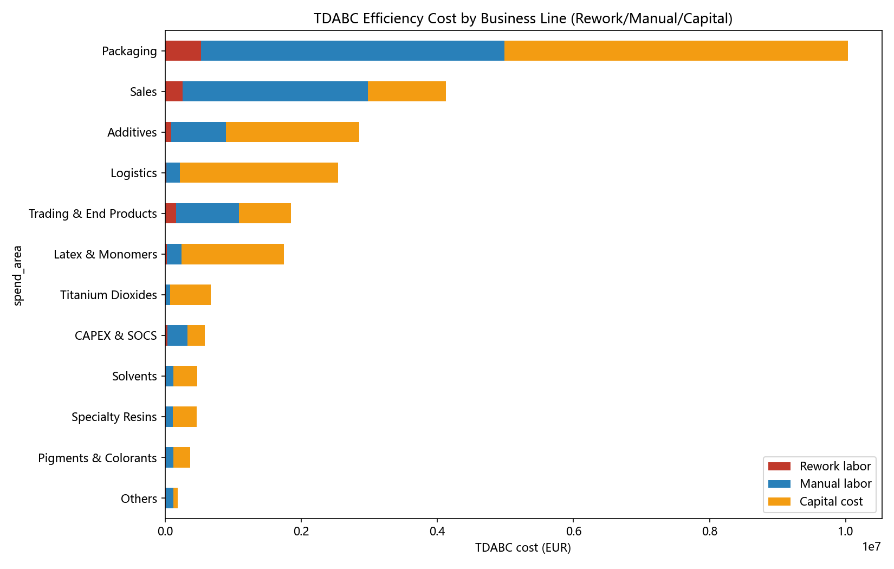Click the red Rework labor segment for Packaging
183,51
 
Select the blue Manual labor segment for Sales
275,92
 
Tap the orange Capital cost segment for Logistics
259,173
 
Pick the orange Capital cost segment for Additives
293,132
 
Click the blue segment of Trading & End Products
208,213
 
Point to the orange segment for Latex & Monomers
232,254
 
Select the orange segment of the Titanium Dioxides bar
190,295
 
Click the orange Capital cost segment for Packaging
676,51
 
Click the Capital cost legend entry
815,501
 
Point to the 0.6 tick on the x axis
573,521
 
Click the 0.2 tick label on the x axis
301,532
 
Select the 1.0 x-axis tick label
845,532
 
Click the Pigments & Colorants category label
98,457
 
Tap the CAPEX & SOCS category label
116,335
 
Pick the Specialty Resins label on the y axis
114,417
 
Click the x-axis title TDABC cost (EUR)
523,547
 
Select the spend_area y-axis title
17,275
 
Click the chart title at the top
523,19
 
